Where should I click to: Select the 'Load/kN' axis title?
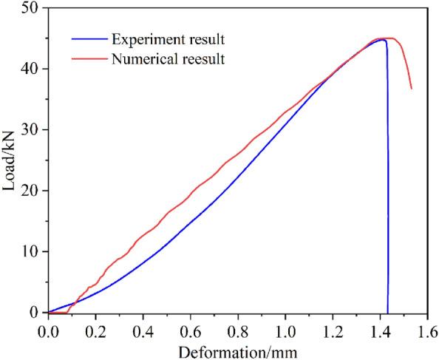coord(10,159)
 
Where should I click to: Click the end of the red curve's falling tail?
coord(411,89)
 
